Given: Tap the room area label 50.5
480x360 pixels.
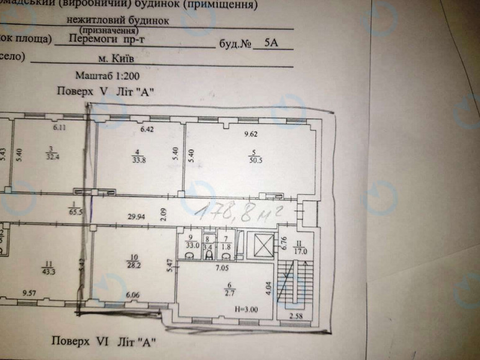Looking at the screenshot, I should (251, 158).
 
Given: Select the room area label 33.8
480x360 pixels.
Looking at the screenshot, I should (137, 158).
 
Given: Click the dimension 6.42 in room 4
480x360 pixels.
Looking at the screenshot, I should (147, 130).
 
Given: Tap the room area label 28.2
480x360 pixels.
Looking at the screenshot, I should (132, 262).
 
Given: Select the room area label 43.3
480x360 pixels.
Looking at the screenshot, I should (48, 271).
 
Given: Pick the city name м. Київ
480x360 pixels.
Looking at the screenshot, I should (116, 60).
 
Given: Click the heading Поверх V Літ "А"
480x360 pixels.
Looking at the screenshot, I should (106, 91).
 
